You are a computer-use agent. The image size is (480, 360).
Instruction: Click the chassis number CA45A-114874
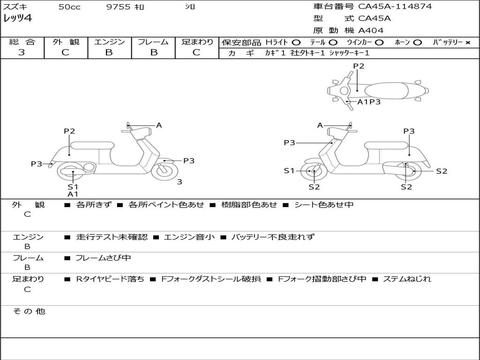tap(395, 7)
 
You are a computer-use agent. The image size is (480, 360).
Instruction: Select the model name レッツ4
tap(17, 18)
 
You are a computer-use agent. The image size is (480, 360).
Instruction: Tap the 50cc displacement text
tap(69, 7)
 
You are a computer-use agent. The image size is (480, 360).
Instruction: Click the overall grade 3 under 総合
tap(22, 52)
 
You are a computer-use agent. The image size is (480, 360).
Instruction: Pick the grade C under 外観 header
tap(65, 52)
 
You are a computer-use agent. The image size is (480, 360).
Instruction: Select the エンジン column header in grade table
tap(109, 42)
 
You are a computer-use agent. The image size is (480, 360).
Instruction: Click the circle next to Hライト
tap(296, 43)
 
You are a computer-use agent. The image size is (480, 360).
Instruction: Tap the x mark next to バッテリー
tap(468, 43)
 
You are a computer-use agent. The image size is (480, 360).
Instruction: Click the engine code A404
tap(371, 30)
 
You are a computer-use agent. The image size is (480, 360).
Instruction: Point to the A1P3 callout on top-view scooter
tap(369, 102)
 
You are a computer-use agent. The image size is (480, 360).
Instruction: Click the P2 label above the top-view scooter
tap(359, 66)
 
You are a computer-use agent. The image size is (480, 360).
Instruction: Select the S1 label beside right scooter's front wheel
tap(289, 171)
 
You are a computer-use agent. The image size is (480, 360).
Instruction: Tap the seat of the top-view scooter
tap(386, 90)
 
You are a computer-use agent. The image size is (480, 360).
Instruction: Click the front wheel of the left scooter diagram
tap(163, 170)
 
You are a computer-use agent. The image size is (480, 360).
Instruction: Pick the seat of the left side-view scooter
tap(92, 145)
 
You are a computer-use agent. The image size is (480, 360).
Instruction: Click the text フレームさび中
tap(103, 258)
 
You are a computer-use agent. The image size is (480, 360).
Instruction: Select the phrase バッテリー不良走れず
tap(273, 237)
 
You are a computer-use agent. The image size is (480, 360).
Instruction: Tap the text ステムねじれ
tap(407, 279)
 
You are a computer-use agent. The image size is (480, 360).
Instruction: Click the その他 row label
tap(29, 311)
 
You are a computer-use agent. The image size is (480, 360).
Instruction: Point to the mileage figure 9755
tap(118, 7)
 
